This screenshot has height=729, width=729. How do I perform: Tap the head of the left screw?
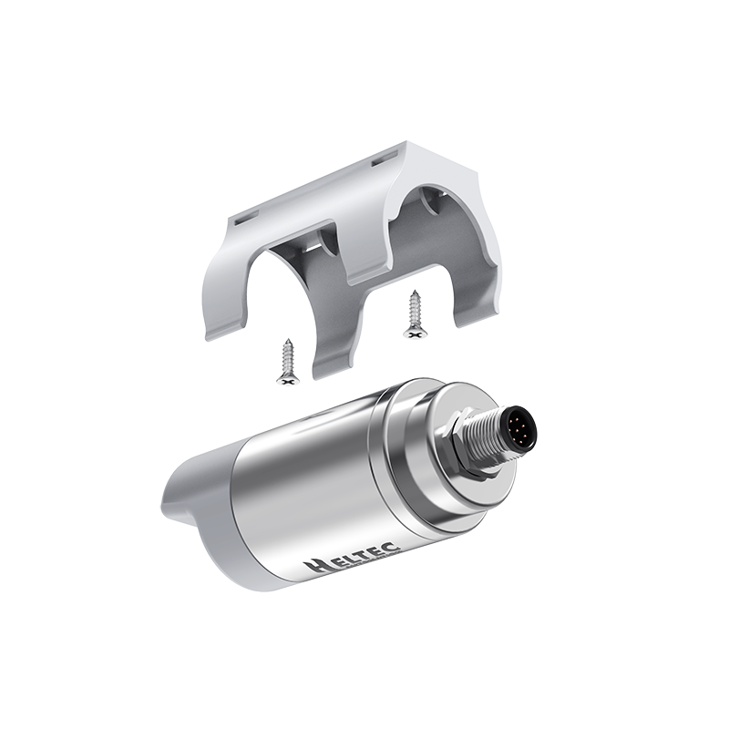tap(288, 380)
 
